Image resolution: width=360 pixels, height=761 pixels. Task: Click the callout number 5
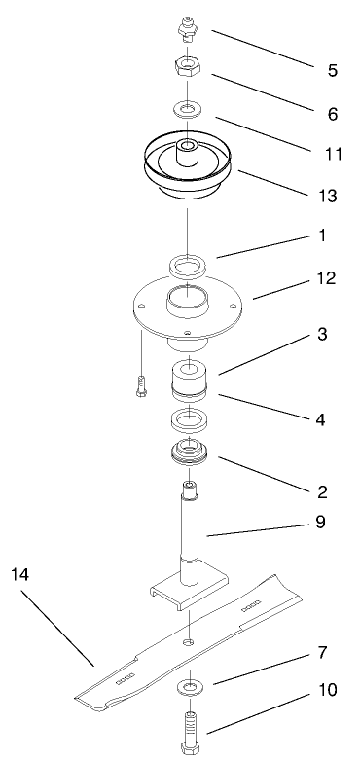coord(333,70)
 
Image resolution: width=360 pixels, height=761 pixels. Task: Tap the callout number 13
coord(327,196)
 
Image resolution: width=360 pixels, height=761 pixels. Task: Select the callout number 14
coord(20,574)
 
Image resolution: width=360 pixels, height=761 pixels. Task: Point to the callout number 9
coord(320,523)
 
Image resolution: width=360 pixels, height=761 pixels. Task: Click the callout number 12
coord(326,278)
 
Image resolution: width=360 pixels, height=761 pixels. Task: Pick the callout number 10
coord(327,690)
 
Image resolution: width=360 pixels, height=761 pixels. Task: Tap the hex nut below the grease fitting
coord(187,66)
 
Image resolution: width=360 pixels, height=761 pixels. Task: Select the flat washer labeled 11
coord(187,109)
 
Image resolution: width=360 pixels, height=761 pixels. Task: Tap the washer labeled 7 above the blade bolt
coord(190,686)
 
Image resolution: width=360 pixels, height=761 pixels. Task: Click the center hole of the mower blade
coord(188,642)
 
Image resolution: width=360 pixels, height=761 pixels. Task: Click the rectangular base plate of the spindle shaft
coord(187,590)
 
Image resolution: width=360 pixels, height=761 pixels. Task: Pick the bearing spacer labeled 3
coord(188,379)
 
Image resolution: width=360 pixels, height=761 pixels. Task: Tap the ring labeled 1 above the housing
coord(187,268)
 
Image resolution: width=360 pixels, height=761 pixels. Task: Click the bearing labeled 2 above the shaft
coord(189,453)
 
